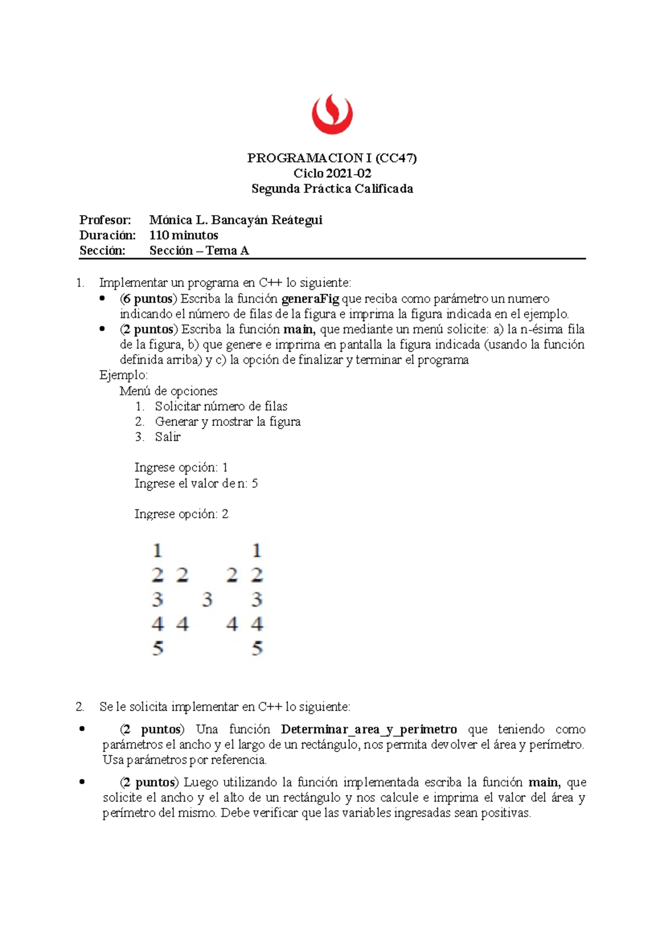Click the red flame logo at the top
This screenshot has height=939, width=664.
pyautogui.click(x=332, y=114)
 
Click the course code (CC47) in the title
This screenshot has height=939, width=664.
pyautogui.click(x=396, y=158)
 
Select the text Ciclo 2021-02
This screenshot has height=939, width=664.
pyautogui.click(x=332, y=174)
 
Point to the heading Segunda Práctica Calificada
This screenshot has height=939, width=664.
pyautogui.click(x=332, y=189)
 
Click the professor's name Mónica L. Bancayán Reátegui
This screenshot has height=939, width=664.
pyautogui.click(x=236, y=220)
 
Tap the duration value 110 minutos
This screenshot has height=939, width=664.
pyautogui.click(x=184, y=236)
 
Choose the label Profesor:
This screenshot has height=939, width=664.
pyautogui.click(x=105, y=220)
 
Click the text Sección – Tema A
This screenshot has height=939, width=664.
pyautogui.click(x=199, y=251)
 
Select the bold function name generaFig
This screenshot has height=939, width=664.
pyautogui.click(x=310, y=299)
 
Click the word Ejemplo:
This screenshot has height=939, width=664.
pyautogui.click(x=123, y=375)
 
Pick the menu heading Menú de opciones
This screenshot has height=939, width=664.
pyautogui.click(x=168, y=391)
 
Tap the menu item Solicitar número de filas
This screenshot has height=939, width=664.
pyautogui.click(x=221, y=406)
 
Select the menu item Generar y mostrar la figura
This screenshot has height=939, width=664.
pyautogui.click(x=227, y=422)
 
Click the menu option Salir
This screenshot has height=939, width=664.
pyautogui.click(x=168, y=437)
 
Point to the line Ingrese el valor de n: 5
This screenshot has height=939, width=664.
pyautogui.click(x=196, y=483)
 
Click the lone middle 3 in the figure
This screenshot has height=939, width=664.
pyautogui.click(x=207, y=599)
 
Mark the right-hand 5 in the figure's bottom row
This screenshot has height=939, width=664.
pyautogui.click(x=257, y=648)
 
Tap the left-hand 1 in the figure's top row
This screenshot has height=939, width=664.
pyautogui.click(x=158, y=551)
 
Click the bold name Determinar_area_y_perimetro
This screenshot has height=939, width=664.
pyautogui.click(x=369, y=729)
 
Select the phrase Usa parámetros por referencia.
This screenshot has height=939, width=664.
pyautogui.click(x=185, y=760)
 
